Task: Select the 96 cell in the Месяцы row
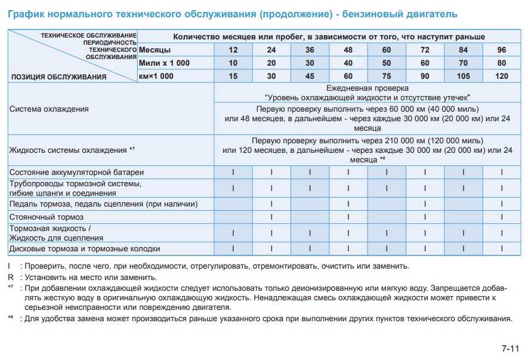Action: (x=501, y=50)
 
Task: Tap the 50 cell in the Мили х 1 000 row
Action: (x=386, y=63)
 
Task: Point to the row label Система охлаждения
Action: (x=50, y=109)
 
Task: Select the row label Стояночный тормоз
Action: (x=47, y=217)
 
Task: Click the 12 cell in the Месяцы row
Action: (x=233, y=50)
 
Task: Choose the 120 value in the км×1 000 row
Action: (x=501, y=76)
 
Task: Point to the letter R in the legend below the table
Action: (x=11, y=277)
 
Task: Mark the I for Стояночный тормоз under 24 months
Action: (x=271, y=217)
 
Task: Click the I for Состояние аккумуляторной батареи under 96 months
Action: (x=502, y=172)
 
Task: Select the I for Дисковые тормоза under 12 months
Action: (x=233, y=248)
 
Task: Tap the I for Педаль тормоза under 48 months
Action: (x=348, y=204)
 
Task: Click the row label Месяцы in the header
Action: (x=155, y=50)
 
